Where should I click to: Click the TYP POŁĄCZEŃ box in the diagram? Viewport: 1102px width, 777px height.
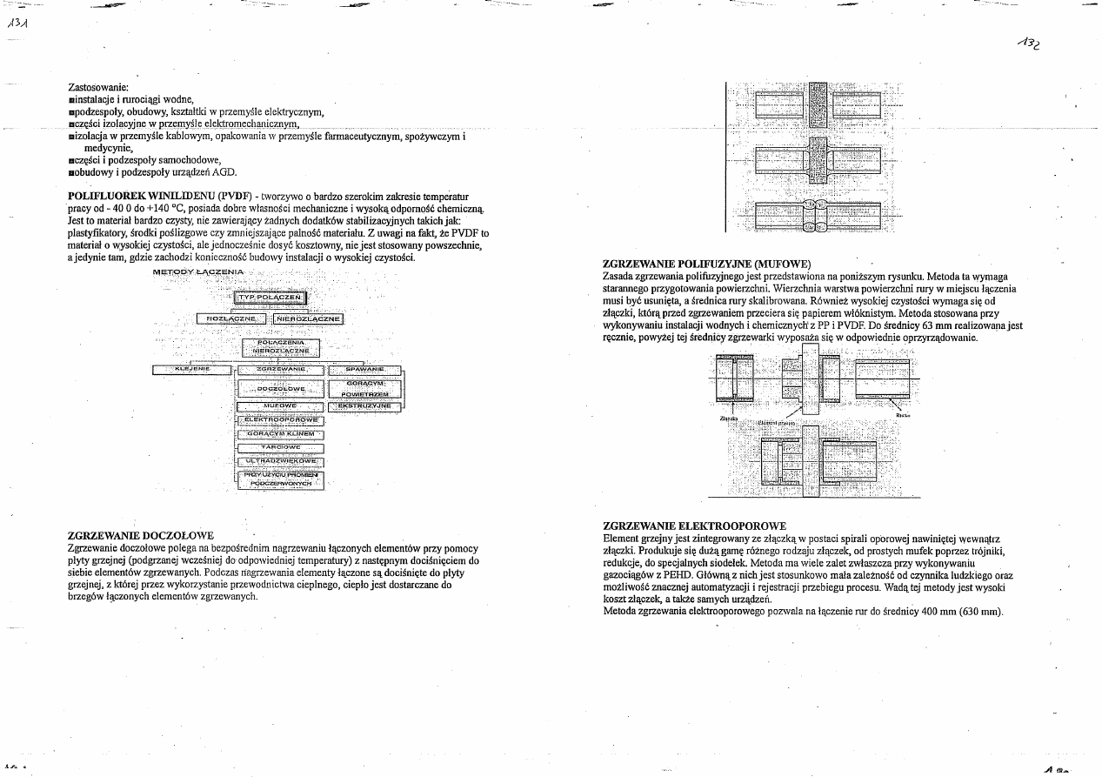[x=270, y=298]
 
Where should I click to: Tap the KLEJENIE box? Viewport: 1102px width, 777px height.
[x=191, y=370]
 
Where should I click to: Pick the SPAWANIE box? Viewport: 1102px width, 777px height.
[x=365, y=370]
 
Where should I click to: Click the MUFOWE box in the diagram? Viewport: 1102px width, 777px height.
[x=280, y=406]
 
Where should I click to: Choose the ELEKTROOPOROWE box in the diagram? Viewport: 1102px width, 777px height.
[x=280, y=420]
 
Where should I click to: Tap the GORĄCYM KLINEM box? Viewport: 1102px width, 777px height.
[x=280, y=433]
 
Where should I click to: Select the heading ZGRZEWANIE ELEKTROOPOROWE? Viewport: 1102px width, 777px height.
[x=694, y=526]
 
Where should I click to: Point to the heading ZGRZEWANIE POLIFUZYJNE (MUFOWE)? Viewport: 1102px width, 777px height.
[x=707, y=263]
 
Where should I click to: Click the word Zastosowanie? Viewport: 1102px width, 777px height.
[x=97, y=88]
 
